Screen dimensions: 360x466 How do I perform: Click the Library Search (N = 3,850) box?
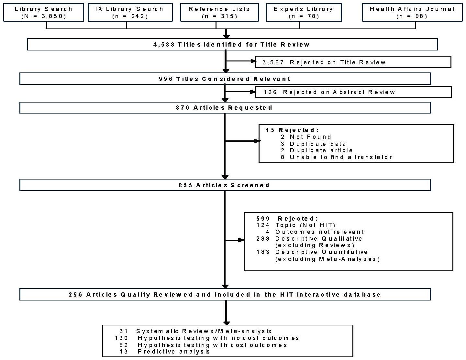[43, 13]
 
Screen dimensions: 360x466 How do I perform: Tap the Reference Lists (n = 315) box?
[219, 13]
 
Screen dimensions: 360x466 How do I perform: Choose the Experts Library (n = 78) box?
[304, 13]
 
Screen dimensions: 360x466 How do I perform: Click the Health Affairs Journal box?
[412, 13]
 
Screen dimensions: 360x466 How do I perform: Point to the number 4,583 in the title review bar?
[164, 45]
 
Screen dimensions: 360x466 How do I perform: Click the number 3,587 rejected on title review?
[273, 62]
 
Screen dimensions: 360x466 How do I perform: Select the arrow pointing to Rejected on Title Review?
[241, 61]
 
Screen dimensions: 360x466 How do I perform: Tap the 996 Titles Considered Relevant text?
[225, 79]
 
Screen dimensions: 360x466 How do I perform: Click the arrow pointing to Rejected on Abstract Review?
[241, 92]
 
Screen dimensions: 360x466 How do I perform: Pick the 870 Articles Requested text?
[224, 108]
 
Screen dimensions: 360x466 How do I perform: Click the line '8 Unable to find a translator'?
[336, 157]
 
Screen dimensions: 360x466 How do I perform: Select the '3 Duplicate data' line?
[313, 144]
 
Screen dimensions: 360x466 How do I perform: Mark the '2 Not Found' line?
[306, 137]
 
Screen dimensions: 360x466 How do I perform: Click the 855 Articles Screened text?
[224, 185]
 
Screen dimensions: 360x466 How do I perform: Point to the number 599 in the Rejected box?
[263, 219]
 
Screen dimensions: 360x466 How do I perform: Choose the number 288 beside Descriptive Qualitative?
[263, 239]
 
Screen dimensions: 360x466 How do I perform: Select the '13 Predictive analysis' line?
[165, 352]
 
